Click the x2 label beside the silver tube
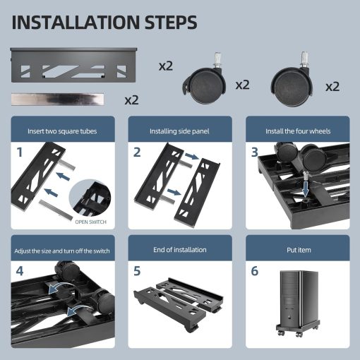click(x=132, y=100)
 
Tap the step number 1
click(x=20, y=151)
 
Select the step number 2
click(x=137, y=152)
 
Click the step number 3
click(x=254, y=151)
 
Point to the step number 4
click(x=20, y=271)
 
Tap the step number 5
click(x=137, y=271)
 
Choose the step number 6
click(x=254, y=271)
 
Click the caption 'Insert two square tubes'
click(x=62, y=131)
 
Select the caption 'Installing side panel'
click(x=179, y=131)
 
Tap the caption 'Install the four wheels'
click(x=296, y=131)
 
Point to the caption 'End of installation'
click(x=179, y=250)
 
